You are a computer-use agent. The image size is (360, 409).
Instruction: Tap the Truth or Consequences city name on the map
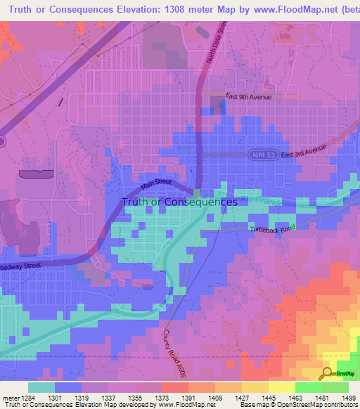coord(179,202)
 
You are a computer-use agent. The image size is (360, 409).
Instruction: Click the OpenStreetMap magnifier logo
coord(327,374)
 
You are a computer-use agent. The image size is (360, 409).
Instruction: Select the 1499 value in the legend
coord(347,397)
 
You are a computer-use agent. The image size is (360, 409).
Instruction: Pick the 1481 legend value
coord(321,397)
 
